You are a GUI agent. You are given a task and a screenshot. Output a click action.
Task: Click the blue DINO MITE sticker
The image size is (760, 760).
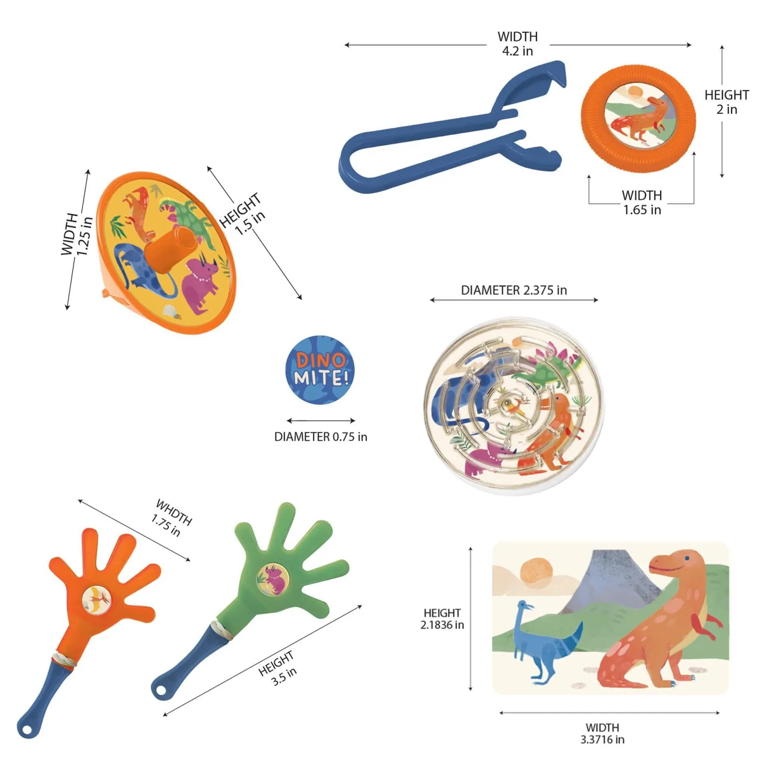tap(320, 370)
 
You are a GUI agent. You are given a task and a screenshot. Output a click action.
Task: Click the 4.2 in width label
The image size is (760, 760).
tap(517, 44)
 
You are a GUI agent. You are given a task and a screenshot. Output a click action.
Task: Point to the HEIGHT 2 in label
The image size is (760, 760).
tap(727, 102)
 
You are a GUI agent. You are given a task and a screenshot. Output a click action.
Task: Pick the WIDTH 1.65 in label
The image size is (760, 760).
tap(642, 202)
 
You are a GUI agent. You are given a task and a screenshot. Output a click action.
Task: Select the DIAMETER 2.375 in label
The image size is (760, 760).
tap(514, 290)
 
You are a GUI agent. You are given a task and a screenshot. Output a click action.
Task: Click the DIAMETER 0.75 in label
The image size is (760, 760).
tap(321, 437)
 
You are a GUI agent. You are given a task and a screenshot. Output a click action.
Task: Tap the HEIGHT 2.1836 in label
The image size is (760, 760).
tap(442, 619)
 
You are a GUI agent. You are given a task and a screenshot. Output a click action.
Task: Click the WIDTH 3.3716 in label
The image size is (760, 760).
tap(602, 733)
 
